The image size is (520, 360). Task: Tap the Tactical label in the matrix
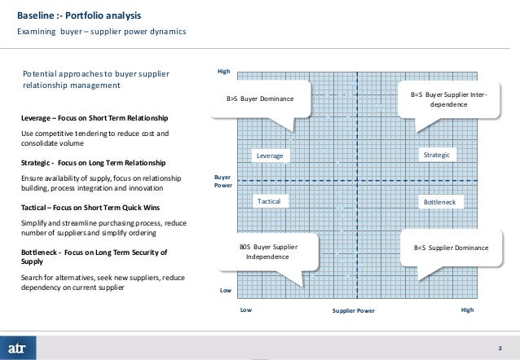[268, 200]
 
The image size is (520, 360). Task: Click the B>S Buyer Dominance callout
[259, 99]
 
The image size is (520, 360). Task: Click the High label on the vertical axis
[223, 72]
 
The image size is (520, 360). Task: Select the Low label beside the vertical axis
[225, 291]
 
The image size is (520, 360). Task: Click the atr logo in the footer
[20, 342]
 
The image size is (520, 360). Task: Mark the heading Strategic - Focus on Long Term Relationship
[91, 163]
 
